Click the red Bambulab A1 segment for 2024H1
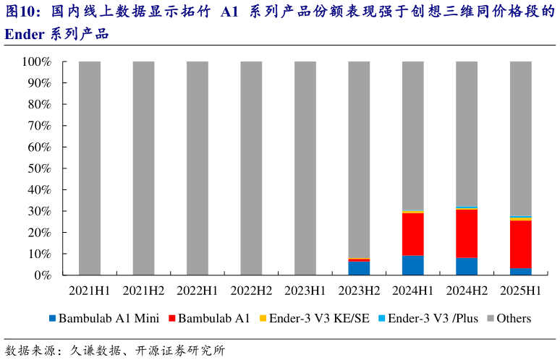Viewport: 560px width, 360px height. pyautogui.click(x=413, y=234)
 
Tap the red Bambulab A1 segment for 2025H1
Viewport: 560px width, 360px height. pyautogui.click(x=521, y=244)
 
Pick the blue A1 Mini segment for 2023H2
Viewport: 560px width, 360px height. pyautogui.click(x=359, y=268)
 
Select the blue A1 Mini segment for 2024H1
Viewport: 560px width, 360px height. pyautogui.click(x=413, y=265)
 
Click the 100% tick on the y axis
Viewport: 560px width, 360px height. pyautogui.click(x=36, y=62)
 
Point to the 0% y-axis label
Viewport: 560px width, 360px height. pyautogui.click(x=42, y=275)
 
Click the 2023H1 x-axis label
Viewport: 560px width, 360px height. pyautogui.click(x=305, y=291)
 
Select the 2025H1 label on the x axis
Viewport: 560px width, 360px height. pyautogui.click(x=521, y=291)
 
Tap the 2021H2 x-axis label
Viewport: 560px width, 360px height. pyautogui.click(x=143, y=291)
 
